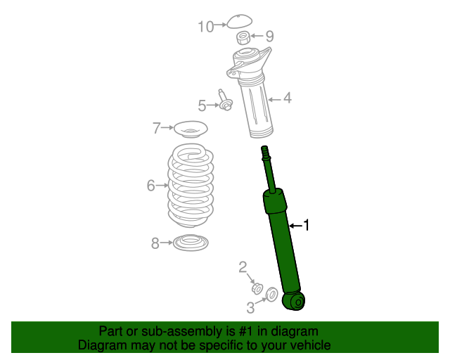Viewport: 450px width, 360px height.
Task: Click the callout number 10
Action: [x=205, y=27]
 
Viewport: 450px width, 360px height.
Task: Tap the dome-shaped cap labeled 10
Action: [x=239, y=21]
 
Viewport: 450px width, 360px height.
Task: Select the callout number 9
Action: [x=269, y=37]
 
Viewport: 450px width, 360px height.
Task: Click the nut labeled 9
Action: [x=243, y=37]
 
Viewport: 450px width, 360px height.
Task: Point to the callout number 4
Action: [x=287, y=98]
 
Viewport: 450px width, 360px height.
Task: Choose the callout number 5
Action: [x=202, y=105]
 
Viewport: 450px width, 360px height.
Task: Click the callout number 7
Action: [x=157, y=128]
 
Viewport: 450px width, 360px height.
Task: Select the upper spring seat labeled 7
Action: [x=191, y=130]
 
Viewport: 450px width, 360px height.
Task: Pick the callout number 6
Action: [x=150, y=186]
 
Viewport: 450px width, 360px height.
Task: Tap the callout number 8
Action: [x=155, y=243]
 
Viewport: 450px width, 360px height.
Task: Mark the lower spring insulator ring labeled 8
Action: [x=191, y=243]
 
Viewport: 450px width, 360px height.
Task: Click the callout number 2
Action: [x=243, y=266]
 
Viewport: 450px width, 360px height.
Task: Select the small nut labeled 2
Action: [x=257, y=288]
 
